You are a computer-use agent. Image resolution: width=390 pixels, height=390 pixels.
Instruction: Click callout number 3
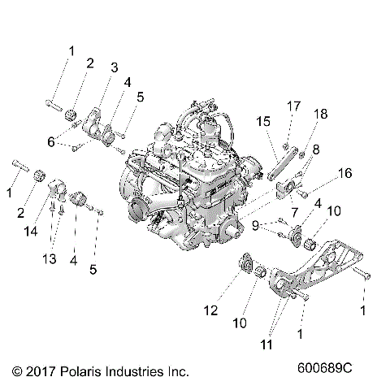tap(114, 67)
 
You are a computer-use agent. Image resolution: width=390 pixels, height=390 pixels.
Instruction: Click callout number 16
tap(344, 172)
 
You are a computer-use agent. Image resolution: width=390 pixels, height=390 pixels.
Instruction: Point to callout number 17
tap(292, 105)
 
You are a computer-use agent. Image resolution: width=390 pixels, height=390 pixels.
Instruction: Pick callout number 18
tap(322, 114)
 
